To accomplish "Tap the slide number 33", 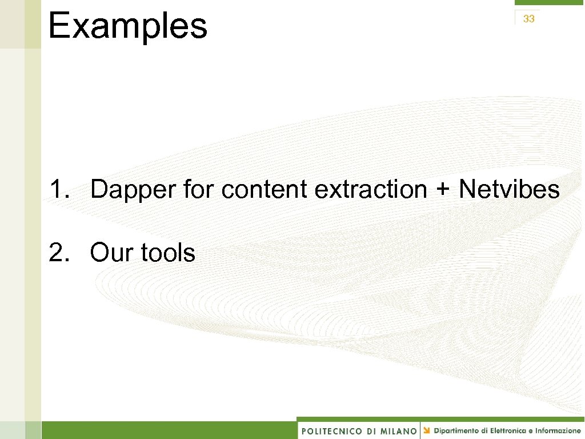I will pos(528,19).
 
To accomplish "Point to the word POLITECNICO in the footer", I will pos(332,431).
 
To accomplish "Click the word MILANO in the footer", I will pos(398,431).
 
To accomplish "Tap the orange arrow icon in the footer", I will pos(427,430).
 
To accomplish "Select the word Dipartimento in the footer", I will pos(456,430).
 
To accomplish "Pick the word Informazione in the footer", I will pos(558,430).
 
